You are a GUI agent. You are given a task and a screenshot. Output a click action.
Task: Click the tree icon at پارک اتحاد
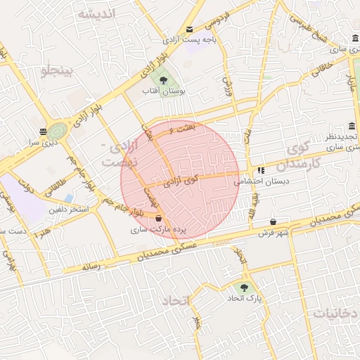coord(244,287)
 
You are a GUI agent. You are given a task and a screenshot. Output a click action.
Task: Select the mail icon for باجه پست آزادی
coord(189,30)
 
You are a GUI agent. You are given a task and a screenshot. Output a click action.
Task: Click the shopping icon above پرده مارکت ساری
coord(158,218)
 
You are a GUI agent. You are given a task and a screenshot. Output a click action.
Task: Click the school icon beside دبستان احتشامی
coord(261,169)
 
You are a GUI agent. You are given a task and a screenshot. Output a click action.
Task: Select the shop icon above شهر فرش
coord(273,221)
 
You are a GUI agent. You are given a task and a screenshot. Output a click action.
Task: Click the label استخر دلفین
coord(69,209)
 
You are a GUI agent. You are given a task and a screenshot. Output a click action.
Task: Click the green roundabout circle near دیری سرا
coord(58,131)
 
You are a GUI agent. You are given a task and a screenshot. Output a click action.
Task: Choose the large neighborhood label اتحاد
coord(176,302)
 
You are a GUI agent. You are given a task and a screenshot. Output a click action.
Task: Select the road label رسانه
coord(92,266)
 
